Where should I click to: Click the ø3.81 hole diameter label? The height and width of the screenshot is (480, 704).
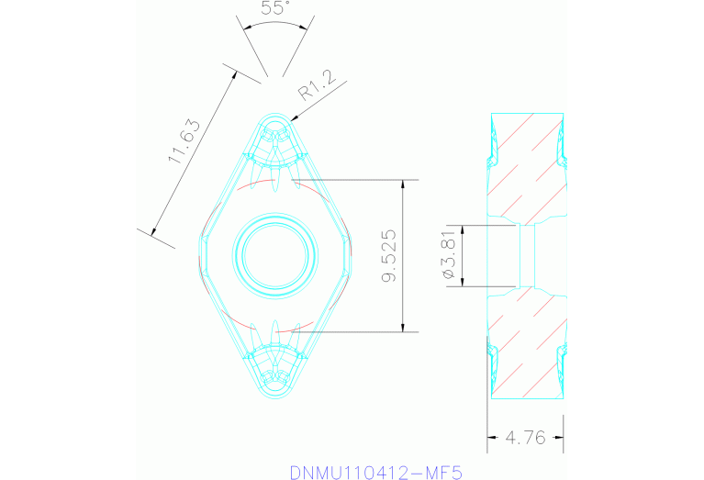coord(449,256)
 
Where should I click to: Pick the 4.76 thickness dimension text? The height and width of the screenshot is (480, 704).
coord(526,438)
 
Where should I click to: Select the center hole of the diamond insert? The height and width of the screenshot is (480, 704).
coord(275,255)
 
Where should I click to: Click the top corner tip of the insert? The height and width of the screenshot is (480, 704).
coord(275,114)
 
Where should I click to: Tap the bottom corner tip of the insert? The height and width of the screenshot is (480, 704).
coord(275,402)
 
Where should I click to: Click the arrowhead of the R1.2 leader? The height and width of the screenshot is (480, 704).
coord(291,118)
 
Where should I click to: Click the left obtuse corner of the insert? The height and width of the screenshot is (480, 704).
coord(200,256)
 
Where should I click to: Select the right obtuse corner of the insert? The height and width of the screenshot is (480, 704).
coord(352,256)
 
